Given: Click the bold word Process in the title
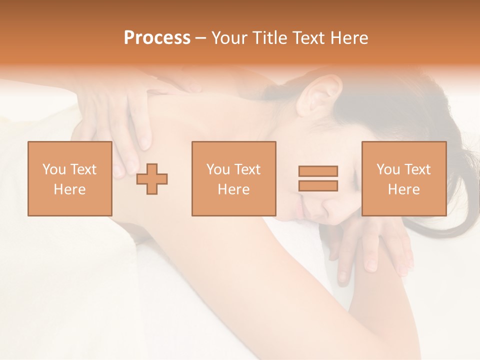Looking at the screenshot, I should pos(157,38).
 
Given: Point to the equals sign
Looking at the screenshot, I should pos(318,178).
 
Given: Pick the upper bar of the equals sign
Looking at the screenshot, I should pos(318,171).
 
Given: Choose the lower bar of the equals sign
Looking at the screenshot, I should pos(318,185).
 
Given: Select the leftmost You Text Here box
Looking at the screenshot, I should pos(69,178).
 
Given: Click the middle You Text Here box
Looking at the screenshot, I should pos(233,178).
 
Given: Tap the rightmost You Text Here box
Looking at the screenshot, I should pos(403,178).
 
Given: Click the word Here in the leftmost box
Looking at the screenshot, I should pos(69,189).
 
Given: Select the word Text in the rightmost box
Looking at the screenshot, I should pos(416,169).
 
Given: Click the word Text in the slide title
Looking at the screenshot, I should pos(306,38).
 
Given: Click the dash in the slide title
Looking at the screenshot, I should pos(200,38).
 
